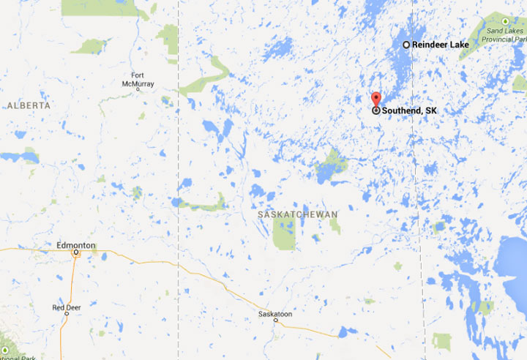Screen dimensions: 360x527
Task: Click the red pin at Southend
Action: coord(376,100)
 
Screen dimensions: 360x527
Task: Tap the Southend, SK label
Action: coord(409,110)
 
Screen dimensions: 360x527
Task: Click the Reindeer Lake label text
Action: coord(441,45)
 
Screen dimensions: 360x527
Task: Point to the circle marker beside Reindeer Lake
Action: coord(407,45)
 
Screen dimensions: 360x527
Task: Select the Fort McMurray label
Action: coord(143,79)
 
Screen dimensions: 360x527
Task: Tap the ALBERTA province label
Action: coord(29,105)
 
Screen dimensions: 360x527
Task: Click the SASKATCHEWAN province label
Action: coord(298,214)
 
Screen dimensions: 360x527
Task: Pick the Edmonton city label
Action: coord(75,245)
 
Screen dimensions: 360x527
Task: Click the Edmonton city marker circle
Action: coord(75,253)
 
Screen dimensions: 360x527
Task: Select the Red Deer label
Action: coord(66,307)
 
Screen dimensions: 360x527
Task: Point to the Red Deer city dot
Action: coord(67,314)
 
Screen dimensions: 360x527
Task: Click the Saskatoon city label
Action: coord(275,313)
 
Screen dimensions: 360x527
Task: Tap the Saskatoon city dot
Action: coord(276,320)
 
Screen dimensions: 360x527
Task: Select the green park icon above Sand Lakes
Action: coord(505,21)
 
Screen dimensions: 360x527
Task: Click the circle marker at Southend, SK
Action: coord(376,110)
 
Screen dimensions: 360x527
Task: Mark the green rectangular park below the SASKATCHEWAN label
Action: coord(283,233)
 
